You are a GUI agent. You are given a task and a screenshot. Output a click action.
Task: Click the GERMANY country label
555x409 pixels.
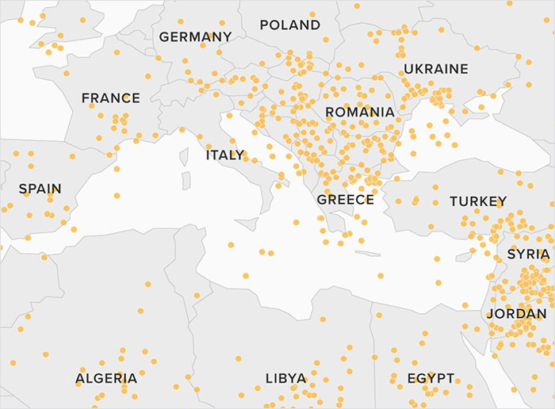point(195,36)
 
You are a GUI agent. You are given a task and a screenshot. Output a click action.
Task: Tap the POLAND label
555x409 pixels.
point(290,25)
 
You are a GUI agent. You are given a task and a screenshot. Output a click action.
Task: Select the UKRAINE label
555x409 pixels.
point(435,69)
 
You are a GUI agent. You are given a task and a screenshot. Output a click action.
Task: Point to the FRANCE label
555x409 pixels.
point(110,98)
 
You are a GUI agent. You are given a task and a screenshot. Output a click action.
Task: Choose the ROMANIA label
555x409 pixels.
point(359,113)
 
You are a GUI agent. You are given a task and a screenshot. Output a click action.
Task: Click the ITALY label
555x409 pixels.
point(225,155)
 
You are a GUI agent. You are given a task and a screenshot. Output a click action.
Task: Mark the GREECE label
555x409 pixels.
point(345,200)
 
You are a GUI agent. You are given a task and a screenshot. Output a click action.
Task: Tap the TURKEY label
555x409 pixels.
point(477,201)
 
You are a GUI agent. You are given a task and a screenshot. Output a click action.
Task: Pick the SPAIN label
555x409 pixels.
point(40,189)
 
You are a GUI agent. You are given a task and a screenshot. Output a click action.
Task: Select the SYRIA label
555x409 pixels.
point(528,254)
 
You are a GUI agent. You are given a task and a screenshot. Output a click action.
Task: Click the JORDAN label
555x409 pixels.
point(516,314)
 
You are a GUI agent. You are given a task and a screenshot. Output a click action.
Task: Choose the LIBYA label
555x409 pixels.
point(285,378)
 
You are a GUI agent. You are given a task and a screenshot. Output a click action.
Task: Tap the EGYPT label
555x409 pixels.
point(431,378)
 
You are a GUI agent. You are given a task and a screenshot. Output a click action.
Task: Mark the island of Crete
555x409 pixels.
point(367,254)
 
